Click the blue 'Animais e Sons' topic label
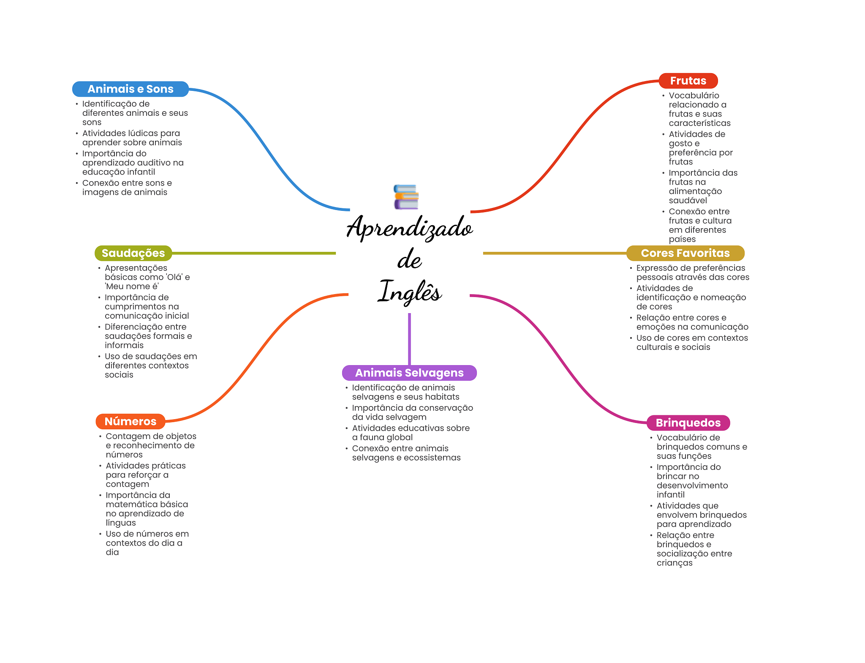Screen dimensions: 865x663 click(130, 89)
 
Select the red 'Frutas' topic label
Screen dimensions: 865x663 click(688, 81)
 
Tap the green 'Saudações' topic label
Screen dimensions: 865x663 click(133, 253)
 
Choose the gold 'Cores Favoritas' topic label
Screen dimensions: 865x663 click(685, 253)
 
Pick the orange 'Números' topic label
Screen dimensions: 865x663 click(130, 421)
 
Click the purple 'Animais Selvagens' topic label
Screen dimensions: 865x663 click(409, 373)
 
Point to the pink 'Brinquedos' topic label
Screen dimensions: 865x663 click(688, 423)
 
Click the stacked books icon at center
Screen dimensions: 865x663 click(406, 197)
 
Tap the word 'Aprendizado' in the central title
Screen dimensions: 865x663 click(409, 228)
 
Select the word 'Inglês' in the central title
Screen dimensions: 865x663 click(409, 292)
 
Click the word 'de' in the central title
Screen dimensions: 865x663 click(409, 259)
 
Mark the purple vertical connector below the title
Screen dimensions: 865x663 click(409, 338)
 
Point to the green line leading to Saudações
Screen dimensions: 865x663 click(253, 253)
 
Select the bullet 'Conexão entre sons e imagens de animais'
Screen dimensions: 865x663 click(127, 188)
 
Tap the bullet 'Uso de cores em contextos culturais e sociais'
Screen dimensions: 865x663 click(692, 342)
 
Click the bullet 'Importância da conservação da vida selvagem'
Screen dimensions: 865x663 click(412, 412)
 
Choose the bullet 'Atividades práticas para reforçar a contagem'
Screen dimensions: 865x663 click(146, 475)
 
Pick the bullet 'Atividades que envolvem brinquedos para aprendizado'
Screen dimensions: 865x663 click(701, 515)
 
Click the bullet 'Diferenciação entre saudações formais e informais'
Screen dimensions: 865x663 click(148, 336)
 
